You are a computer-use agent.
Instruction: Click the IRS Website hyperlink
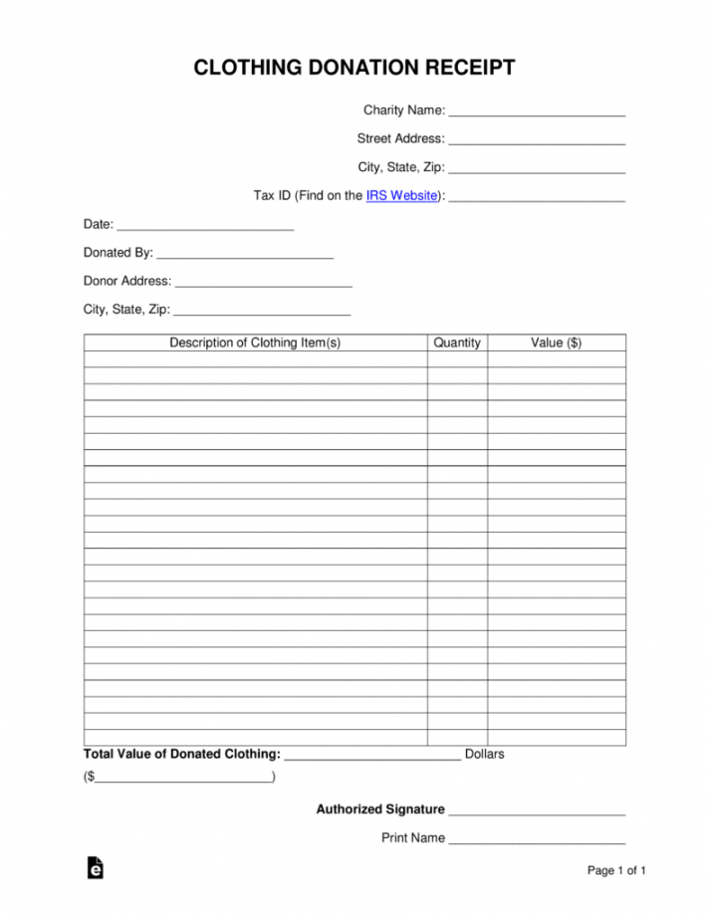click(402, 196)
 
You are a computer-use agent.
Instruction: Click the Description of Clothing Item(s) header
click(255, 343)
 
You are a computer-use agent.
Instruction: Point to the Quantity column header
click(457, 343)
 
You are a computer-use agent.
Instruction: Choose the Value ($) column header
click(557, 343)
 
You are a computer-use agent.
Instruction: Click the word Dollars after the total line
click(485, 754)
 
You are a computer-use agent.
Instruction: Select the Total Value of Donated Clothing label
click(182, 754)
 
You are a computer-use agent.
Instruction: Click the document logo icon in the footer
click(96, 868)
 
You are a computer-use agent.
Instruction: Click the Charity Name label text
click(403, 111)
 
